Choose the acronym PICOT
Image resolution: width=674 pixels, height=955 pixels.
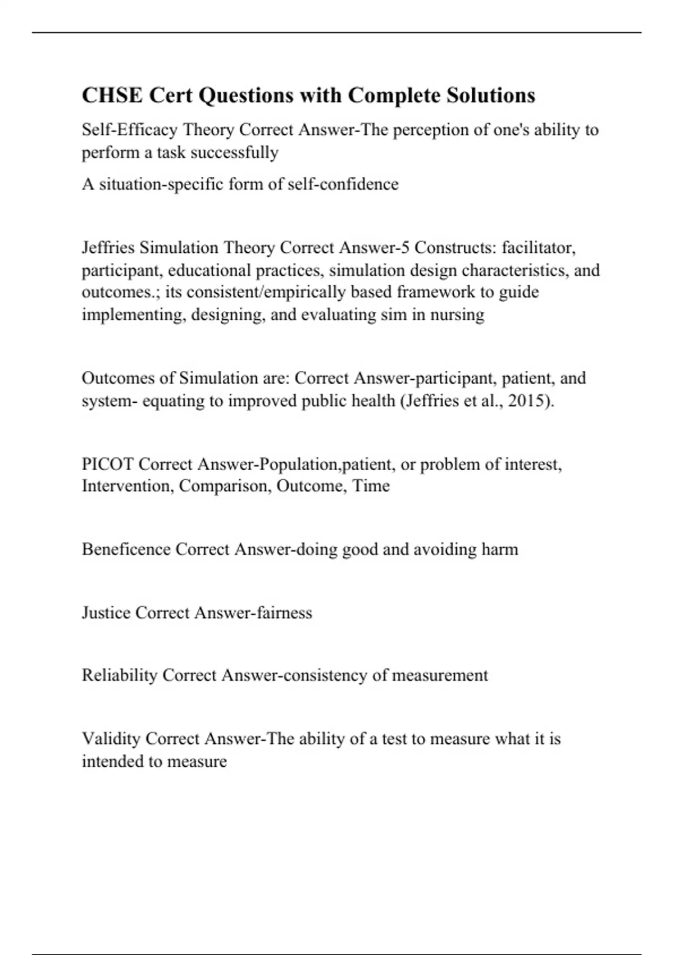108,465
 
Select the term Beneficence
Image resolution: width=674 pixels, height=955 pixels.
126,549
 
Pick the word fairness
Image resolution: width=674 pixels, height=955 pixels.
284,612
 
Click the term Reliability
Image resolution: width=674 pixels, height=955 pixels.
119,675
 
